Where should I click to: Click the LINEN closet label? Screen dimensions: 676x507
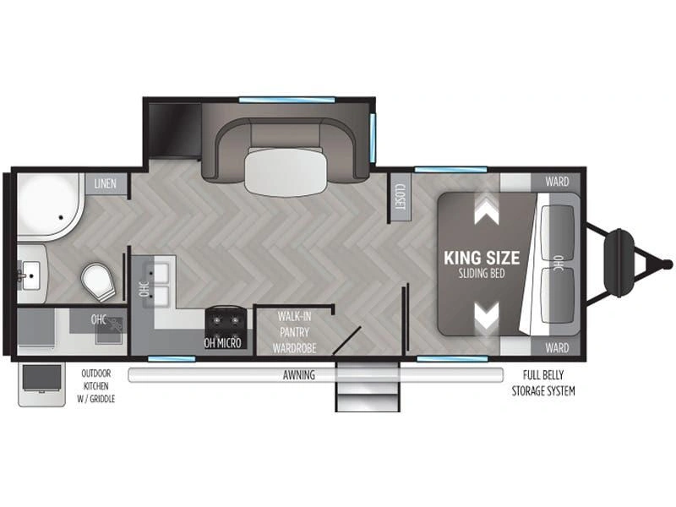pyautogui.click(x=105, y=183)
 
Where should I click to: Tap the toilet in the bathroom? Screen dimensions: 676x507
pyautogui.click(x=99, y=282)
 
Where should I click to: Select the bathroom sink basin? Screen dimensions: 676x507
pyautogui.click(x=30, y=276)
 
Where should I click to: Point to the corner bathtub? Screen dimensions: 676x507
pyautogui.click(x=50, y=206)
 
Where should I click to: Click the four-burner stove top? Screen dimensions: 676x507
pyautogui.click(x=226, y=324)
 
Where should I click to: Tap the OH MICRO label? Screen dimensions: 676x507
pyautogui.click(x=222, y=343)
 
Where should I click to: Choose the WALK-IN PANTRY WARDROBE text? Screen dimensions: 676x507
pyautogui.click(x=294, y=332)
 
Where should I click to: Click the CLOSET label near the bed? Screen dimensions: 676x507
pyautogui.click(x=400, y=197)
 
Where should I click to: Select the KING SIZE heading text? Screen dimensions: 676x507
pyautogui.click(x=482, y=258)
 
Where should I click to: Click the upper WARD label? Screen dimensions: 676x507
pyautogui.click(x=557, y=182)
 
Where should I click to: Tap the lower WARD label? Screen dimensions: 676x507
pyautogui.click(x=557, y=347)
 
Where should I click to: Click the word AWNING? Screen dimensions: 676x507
pyautogui.click(x=299, y=375)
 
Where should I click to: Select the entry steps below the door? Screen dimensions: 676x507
pyautogui.click(x=368, y=387)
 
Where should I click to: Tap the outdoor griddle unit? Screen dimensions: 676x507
pyautogui.click(x=41, y=384)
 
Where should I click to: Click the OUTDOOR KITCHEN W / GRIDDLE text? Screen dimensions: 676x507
pyautogui.click(x=96, y=386)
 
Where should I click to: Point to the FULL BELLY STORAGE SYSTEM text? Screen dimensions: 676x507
pyautogui.click(x=543, y=384)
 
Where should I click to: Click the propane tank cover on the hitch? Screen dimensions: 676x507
pyautogui.click(x=619, y=263)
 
